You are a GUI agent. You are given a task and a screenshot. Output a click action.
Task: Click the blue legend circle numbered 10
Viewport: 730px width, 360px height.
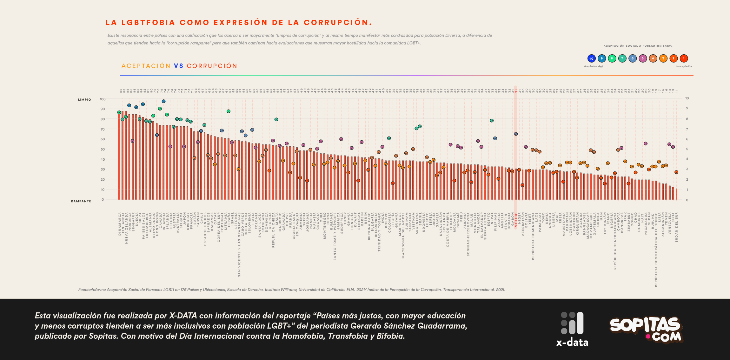(x=591, y=58)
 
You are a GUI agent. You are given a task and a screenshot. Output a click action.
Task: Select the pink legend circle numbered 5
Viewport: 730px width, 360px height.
(x=642, y=58)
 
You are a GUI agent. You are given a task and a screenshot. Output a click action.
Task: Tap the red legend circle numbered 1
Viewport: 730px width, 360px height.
(x=684, y=58)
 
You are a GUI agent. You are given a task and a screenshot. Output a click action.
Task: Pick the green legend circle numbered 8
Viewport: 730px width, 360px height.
(x=612, y=58)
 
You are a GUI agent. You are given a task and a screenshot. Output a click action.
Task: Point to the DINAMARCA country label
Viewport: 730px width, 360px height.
(x=120, y=224)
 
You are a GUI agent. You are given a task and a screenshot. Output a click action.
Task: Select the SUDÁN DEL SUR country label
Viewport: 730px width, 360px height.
(x=677, y=227)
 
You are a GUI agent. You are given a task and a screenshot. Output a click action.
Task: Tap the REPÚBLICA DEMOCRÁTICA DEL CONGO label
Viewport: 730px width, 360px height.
(x=656, y=250)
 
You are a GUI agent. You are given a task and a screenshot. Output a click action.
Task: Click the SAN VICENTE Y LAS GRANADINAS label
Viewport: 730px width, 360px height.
(x=239, y=244)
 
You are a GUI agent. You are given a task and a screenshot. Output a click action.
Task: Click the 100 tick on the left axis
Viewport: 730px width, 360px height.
(x=103, y=99)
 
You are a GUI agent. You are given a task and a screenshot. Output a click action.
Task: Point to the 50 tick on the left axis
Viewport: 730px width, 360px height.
(x=103, y=149)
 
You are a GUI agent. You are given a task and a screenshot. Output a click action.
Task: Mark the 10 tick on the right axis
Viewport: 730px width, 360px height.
(x=687, y=98)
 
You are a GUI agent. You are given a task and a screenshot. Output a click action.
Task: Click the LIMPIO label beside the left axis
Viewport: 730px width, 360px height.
(x=84, y=100)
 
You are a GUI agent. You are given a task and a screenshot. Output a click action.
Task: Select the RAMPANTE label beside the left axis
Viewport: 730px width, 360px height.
(x=81, y=201)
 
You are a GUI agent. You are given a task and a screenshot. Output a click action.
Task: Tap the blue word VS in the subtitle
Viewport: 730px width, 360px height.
(x=179, y=66)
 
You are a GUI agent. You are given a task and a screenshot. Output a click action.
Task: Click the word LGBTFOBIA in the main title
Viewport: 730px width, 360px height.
(x=148, y=23)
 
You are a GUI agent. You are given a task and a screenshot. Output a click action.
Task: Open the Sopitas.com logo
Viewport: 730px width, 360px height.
(x=646, y=329)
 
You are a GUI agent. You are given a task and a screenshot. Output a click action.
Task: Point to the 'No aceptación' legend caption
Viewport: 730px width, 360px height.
(x=683, y=66)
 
